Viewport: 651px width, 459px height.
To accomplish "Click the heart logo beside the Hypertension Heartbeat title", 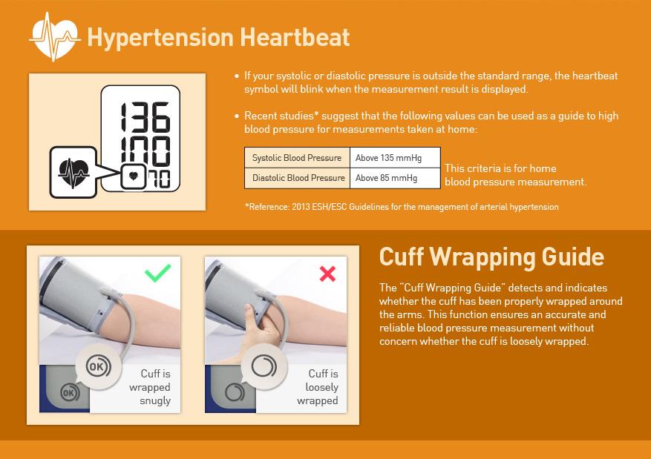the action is [55, 37].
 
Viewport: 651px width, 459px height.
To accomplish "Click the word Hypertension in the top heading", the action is [160, 37].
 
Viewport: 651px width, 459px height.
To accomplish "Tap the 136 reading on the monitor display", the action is [145, 117].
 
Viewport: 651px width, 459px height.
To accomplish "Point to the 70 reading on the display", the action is [159, 179].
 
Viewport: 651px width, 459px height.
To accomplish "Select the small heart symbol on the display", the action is [134, 176].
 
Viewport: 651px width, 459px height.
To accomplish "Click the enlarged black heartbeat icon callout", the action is [73, 173].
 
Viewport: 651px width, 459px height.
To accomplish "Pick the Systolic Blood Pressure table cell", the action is [297, 157].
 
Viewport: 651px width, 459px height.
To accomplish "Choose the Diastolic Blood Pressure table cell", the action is [297, 178].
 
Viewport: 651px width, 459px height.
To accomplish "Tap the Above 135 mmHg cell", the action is [395, 157].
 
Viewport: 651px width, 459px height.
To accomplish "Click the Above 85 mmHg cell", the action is [395, 178].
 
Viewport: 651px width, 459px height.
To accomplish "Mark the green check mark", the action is [158, 273].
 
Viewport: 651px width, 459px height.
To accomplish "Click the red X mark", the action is [327, 274].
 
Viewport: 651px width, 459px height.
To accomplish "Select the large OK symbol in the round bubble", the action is [99, 366].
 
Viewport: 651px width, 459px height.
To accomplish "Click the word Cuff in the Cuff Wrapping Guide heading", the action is [401, 257].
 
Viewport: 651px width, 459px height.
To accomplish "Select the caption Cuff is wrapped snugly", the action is [150, 387].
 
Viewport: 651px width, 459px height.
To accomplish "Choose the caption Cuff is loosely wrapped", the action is [318, 387].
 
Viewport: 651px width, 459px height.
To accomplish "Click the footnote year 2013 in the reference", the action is [301, 206].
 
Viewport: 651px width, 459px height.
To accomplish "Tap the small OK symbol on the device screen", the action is [69, 392].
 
